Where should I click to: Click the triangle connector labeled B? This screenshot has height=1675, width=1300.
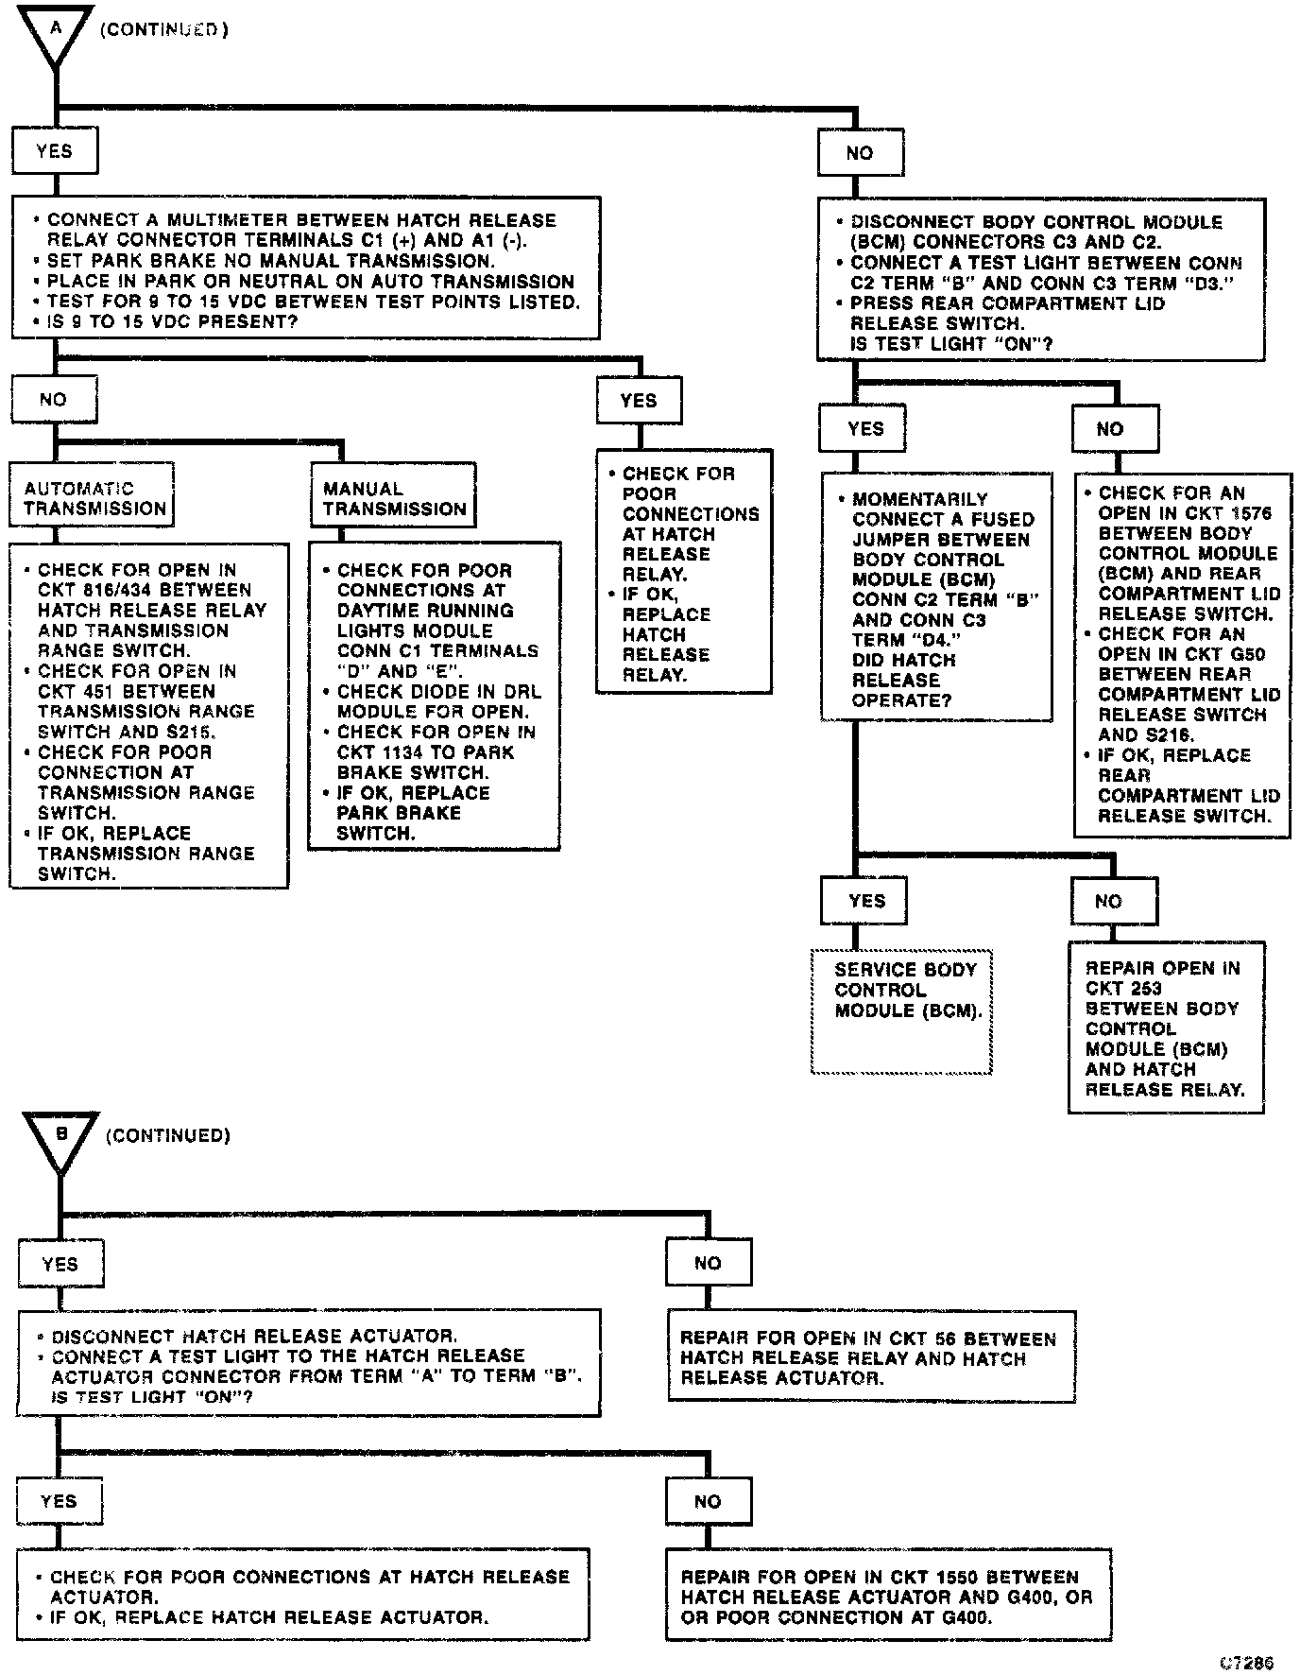(60, 1138)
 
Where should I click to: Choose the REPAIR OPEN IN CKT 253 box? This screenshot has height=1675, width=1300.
(1166, 1027)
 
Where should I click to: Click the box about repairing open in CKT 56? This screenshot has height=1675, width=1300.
(871, 1357)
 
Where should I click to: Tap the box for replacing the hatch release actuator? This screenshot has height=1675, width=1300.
(302, 1597)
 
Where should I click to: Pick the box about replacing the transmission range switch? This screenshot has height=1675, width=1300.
(148, 716)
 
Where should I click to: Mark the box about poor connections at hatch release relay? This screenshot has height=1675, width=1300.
(684, 572)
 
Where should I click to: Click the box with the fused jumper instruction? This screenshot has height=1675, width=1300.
(935, 597)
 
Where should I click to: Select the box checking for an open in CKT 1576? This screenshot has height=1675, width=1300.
(1183, 654)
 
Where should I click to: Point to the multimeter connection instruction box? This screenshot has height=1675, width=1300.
(305, 268)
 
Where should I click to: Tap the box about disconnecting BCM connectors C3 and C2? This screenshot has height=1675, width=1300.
(1040, 280)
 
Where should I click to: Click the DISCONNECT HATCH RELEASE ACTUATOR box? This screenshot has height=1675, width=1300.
(308, 1363)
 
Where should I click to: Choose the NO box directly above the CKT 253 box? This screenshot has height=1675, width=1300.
(1114, 902)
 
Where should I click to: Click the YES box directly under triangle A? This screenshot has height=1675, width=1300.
(55, 151)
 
